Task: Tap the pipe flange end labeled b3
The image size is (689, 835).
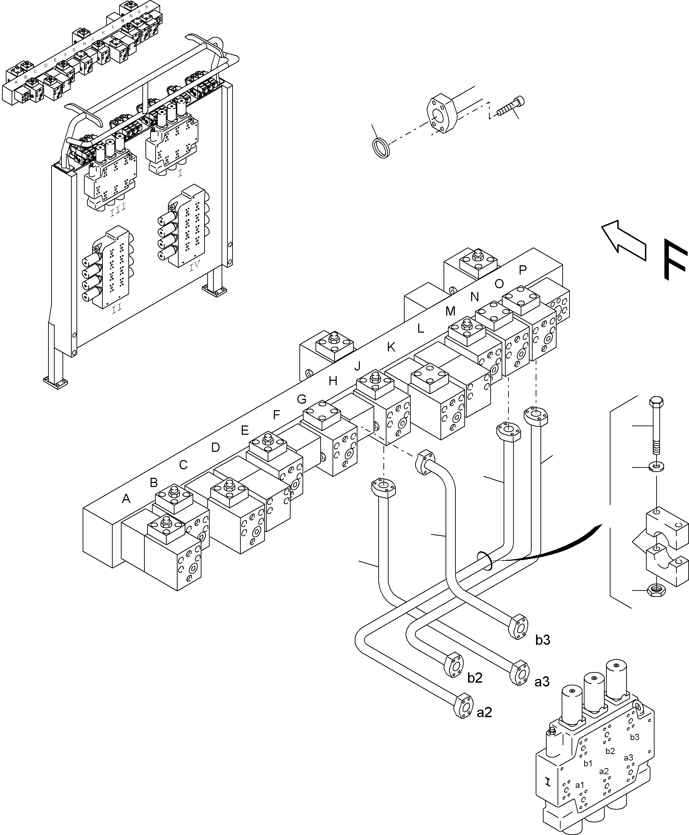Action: (x=518, y=627)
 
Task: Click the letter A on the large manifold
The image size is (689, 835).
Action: (x=126, y=499)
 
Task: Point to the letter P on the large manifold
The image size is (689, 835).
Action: (x=523, y=270)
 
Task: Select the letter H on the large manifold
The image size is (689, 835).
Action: (x=333, y=381)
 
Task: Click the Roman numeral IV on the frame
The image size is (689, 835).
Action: (x=195, y=266)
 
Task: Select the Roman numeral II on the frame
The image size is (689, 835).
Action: (x=116, y=308)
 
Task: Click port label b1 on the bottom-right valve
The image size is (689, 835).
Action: (x=588, y=763)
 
